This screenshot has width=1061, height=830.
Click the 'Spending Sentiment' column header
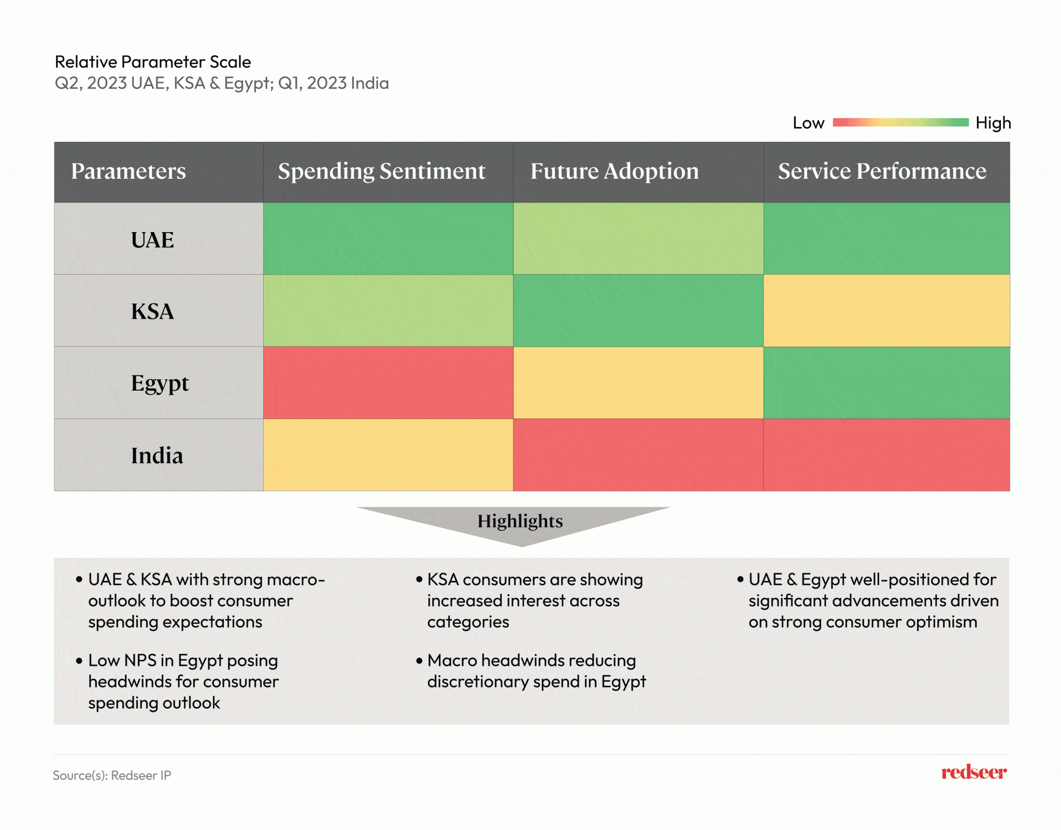click(382, 171)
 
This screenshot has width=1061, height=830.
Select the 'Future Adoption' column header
click(614, 171)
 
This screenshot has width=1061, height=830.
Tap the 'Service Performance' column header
click(882, 171)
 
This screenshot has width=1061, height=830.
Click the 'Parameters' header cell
click(128, 171)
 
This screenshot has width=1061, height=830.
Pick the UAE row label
click(152, 240)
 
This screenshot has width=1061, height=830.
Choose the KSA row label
click(152, 311)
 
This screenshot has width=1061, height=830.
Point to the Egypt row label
click(160, 384)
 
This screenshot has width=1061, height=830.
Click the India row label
click(157, 456)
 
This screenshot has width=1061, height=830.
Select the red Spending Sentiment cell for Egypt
click(388, 383)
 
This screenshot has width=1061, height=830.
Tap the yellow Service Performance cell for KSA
click(886, 311)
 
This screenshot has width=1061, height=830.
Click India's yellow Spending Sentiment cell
click(388, 455)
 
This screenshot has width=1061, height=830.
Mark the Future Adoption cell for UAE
click(638, 239)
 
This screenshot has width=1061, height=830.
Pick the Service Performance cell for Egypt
click(886, 383)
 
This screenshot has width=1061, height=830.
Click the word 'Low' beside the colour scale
click(808, 123)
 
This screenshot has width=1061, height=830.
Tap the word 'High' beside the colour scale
click(993, 123)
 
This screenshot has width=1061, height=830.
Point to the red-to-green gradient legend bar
click(900, 123)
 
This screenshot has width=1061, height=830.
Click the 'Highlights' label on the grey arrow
click(520, 521)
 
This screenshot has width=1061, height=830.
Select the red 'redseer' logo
click(974, 772)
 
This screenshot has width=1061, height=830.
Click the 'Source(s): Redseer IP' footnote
click(112, 776)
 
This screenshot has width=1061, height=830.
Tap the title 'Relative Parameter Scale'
click(153, 62)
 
